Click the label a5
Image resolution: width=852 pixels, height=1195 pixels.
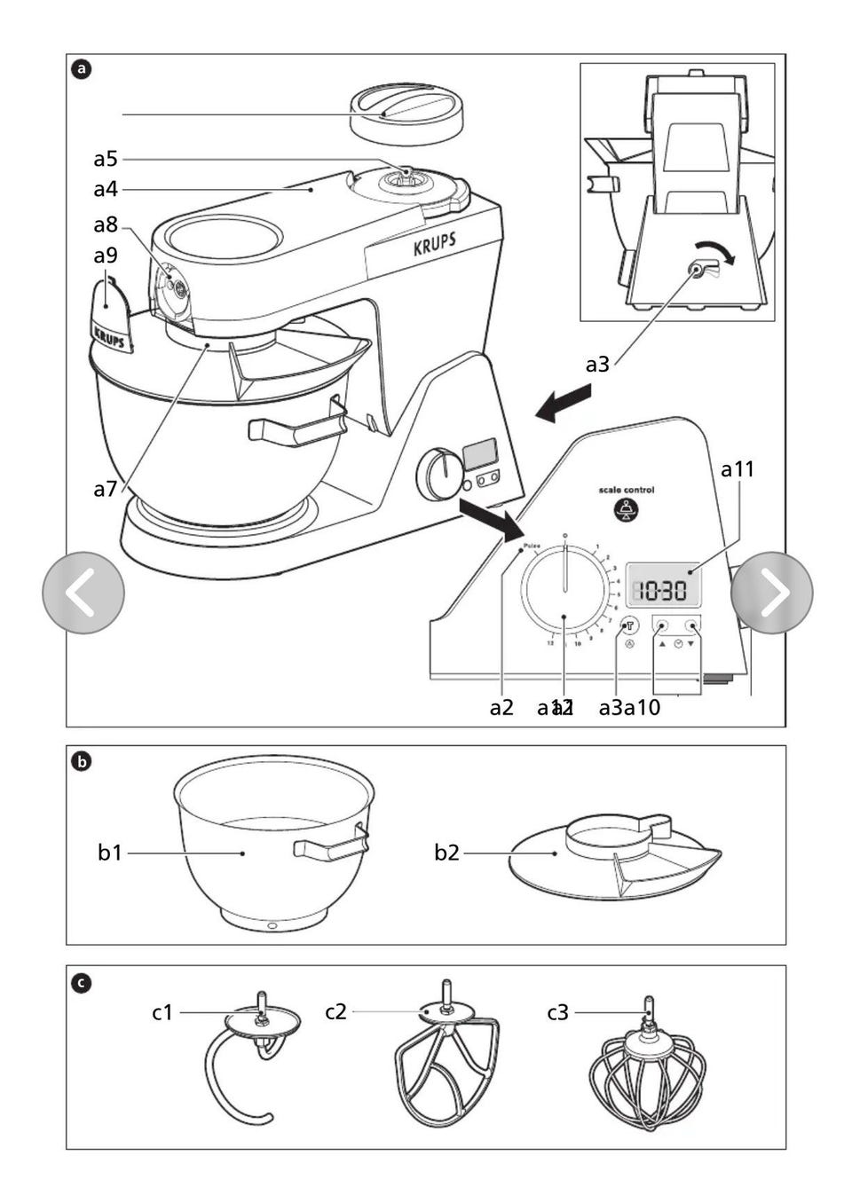click(x=106, y=159)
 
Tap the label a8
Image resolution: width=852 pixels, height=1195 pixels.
click(x=106, y=225)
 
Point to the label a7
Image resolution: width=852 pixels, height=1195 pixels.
click(x=106, y=489)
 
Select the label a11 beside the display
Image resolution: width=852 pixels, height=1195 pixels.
click(x=737, y=468)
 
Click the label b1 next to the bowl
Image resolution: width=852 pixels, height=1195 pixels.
click(x=110, y=853)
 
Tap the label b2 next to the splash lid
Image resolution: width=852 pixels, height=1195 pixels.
click(x=446, y=853)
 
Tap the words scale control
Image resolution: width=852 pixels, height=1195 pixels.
click(x=627, y=490)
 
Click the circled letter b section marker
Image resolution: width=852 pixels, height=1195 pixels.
click(x=81, y=761)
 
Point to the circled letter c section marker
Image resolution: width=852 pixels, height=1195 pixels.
click(x=81, y=982)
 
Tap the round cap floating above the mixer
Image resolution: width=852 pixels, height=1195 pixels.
click(x=407, y=114)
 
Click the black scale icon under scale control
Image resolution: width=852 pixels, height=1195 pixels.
click(x=627, y=510)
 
